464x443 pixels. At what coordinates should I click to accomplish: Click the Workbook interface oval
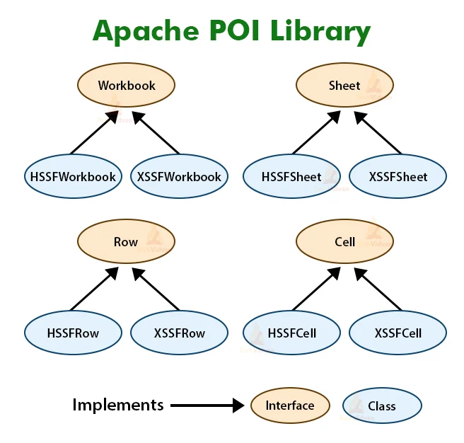point(126,86)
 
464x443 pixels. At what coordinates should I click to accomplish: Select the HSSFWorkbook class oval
point(73,177)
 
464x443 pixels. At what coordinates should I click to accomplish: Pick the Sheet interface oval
point(344,86)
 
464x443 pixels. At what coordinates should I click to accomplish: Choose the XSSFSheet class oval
point(398,177)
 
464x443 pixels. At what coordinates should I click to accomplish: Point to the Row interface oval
point(126,242)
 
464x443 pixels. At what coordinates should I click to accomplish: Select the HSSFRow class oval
point(73,332)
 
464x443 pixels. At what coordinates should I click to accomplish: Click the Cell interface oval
point(344,242)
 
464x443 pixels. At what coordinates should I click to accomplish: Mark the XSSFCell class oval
point(398,332)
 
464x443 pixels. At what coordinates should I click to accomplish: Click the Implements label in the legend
point(117,405)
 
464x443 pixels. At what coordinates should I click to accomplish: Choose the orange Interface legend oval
point(290,405)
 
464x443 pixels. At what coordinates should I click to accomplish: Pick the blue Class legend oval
point(382,406)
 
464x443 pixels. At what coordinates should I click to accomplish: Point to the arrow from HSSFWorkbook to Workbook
point(94,132)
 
